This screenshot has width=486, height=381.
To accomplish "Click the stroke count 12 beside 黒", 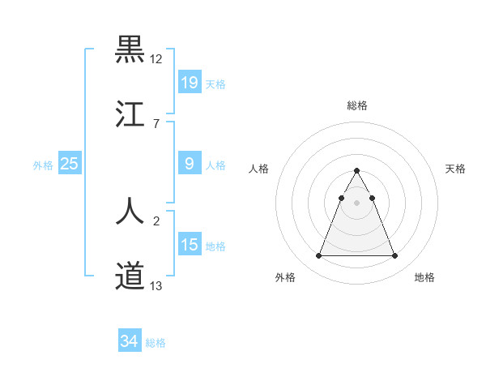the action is tap(156, 59).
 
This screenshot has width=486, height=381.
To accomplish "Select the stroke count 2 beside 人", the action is tap(156, 220).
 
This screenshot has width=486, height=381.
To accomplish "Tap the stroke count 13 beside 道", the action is tap(156, 285).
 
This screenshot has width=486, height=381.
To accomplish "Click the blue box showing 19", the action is tap(189, 82).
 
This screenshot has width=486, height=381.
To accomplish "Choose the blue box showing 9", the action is tap(189, 164).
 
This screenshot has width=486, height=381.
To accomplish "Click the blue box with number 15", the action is tap(189, 245).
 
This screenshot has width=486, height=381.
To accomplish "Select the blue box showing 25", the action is tap(70, 164).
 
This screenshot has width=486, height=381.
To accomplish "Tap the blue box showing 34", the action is tap(129, 341).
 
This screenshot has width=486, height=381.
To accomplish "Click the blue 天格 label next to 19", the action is tap(215, 83).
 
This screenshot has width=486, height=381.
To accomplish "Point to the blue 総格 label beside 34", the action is tap(156, 343).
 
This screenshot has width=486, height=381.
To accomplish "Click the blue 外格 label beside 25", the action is tap(43, 165).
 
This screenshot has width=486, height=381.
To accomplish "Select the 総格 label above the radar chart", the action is tap(356, 105).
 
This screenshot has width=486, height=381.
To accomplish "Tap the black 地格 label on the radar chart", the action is tap(424, 277).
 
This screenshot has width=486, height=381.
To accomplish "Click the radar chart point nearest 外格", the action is tap(318, 256).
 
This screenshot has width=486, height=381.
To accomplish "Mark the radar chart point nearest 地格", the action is tap(394, 256).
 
